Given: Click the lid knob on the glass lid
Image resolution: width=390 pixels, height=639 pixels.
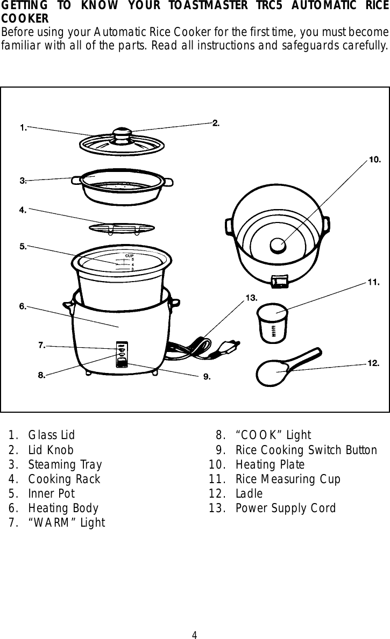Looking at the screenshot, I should click(x=122, y=132).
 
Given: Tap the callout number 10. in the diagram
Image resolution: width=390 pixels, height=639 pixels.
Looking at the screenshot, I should click(x=374, y=160).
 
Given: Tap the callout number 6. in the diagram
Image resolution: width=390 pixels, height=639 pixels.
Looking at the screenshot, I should click(x=23, y=306).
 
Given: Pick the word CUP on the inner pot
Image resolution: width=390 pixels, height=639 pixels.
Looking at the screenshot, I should click(x=129, y=255).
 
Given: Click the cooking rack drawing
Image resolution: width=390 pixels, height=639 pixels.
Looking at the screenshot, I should click(x=121, y=228).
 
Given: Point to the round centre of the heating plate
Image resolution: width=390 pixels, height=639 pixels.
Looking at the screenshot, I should click(x=279, y=245).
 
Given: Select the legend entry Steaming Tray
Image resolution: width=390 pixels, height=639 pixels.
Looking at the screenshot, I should click(x=65, y=464).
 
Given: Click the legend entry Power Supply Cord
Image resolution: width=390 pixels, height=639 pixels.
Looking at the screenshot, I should click(x=285, y=508).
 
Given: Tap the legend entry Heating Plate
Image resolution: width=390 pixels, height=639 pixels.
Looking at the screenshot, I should click(x=270, y=464).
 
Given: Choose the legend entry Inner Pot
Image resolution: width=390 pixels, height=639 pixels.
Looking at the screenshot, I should click(x=51, y=493).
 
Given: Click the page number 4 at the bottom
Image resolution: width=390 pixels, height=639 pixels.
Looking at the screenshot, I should click(x=195, y=635).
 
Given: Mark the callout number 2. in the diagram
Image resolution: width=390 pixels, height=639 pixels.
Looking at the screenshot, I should click(x=216, y=123).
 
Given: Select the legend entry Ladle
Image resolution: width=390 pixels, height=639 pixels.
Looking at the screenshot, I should click(x=249, y=493).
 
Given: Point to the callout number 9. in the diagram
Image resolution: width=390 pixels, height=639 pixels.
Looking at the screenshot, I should click(x=207, y=376).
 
